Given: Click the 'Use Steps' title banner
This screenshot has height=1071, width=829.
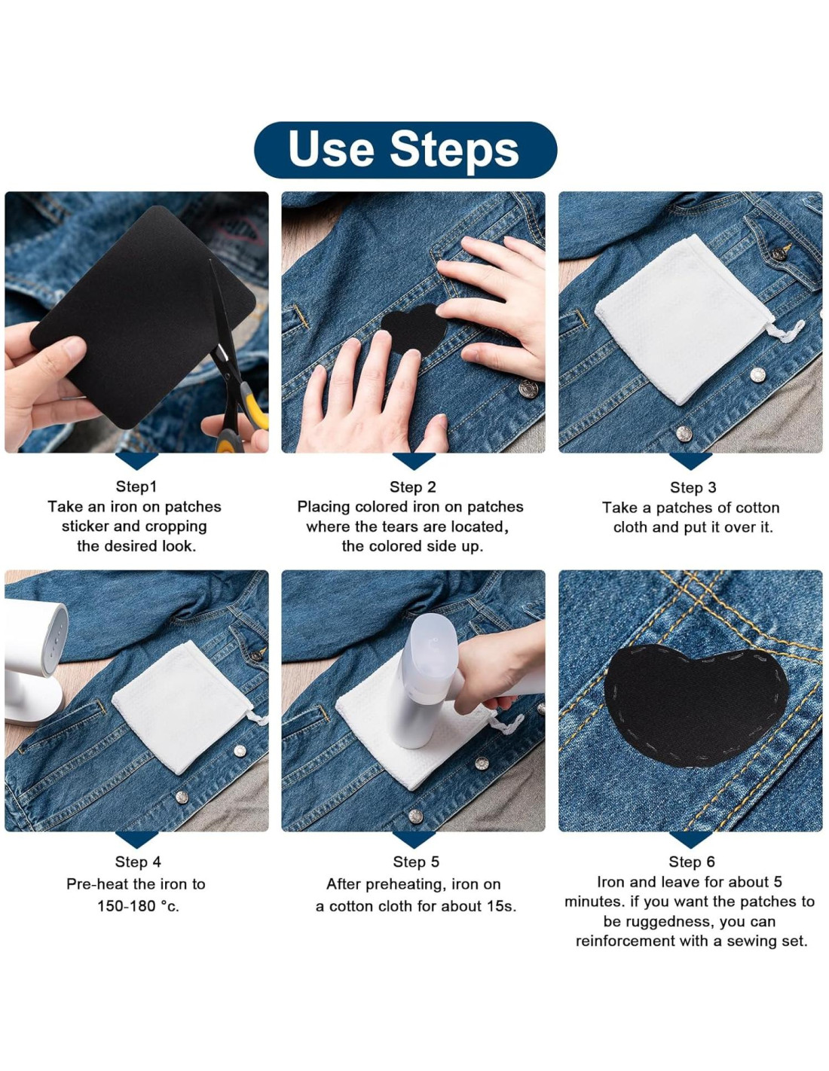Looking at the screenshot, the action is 405,150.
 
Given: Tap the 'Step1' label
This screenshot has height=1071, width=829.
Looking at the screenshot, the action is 136,487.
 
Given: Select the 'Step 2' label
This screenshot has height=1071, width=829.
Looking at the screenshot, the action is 413,487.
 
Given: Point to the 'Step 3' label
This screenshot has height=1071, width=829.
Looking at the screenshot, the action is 693,487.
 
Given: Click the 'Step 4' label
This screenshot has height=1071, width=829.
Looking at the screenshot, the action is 138,862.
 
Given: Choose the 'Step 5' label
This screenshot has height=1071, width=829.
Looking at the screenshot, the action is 416,862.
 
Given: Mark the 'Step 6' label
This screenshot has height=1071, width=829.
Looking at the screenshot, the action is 691,862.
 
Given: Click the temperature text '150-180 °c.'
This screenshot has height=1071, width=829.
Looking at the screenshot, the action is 138,906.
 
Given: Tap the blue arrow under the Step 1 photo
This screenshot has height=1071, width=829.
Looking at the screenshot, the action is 136,461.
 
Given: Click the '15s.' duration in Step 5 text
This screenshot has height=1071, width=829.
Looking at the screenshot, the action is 500,906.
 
